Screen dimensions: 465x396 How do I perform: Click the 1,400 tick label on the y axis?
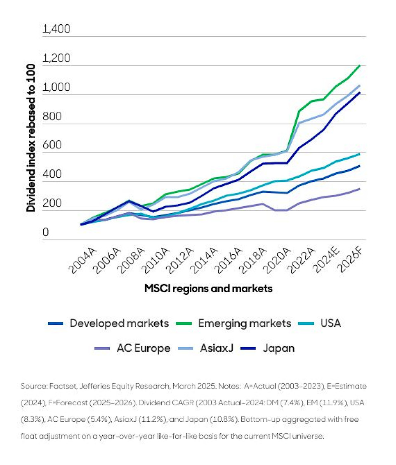point(57,30)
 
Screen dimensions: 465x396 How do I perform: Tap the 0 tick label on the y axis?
point(46,233)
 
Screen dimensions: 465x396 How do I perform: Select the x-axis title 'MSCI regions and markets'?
point(208,289)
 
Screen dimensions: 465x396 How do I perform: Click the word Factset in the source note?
point(61,386)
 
